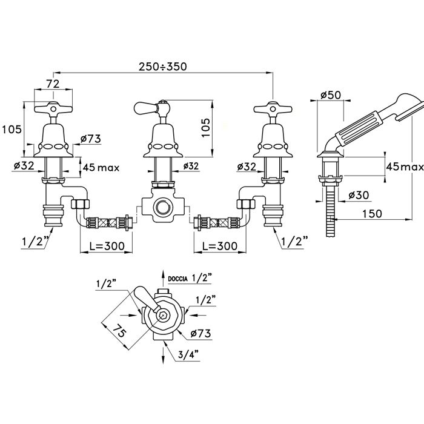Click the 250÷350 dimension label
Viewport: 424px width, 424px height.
(162, 66)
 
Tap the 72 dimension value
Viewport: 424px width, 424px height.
(53, 84)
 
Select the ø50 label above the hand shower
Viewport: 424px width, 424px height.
(331, 95)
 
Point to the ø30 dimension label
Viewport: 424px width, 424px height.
(359, 194)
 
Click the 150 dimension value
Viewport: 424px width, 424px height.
(372, 214)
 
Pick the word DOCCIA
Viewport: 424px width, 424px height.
(177, 279)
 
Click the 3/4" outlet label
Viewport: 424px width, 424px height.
(188, 354)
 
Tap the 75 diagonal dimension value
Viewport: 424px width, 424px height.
(119, 331)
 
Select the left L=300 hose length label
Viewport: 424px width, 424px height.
(107, 246)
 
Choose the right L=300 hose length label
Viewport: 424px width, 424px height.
(220, 246)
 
